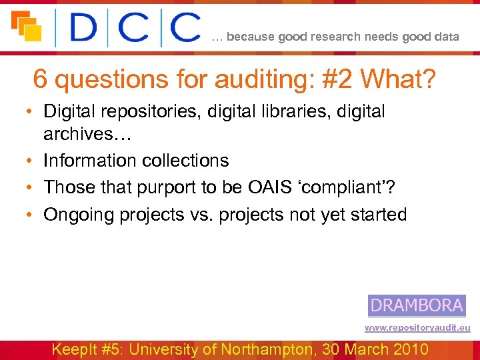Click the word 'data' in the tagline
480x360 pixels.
point(446,37)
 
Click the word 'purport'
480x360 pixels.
point(164,187)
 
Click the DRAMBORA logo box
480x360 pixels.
point(417,305)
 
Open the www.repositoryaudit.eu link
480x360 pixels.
point(417,328)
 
